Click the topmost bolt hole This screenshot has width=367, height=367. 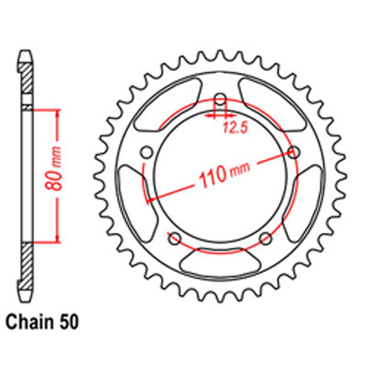(220, 99)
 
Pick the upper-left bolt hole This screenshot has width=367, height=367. (147, 152)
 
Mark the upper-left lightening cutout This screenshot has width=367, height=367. (169, 105)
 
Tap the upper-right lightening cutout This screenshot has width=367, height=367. (271, 105)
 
